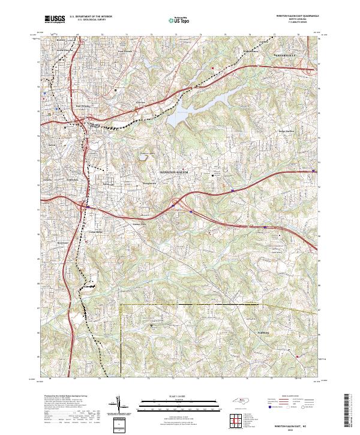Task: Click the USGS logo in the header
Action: click(55, 19)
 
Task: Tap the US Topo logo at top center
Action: click(180, 20)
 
